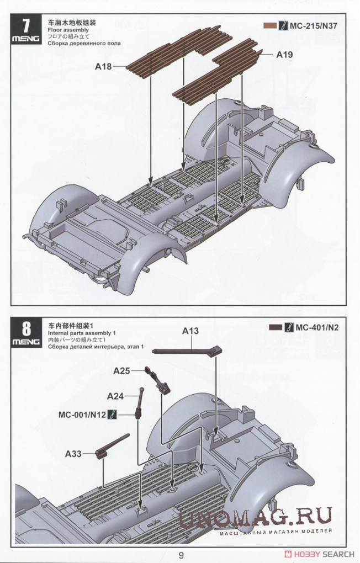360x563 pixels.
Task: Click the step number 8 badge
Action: [25, 332]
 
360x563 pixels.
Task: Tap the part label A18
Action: [103, 66]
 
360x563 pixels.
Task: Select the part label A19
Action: [284, 55]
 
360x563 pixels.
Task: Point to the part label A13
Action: [190, 331]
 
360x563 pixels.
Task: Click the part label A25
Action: [121, 370]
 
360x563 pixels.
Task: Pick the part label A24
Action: [115, 396]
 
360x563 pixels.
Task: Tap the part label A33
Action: [73, 454]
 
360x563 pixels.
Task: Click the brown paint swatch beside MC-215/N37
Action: [270, 25]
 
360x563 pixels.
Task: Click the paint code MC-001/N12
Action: [82, 415]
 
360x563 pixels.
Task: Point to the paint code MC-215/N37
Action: [314, 25]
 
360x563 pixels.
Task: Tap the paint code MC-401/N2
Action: [317, 327]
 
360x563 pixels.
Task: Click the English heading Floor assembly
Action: [68, 30]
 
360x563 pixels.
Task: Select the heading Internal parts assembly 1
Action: [82, 333]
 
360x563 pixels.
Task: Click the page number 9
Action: [181, 555]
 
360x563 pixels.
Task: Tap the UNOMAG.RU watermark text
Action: [255, 518]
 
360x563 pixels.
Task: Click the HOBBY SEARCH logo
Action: [319, 554]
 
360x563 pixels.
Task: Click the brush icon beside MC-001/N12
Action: [113, 415]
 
